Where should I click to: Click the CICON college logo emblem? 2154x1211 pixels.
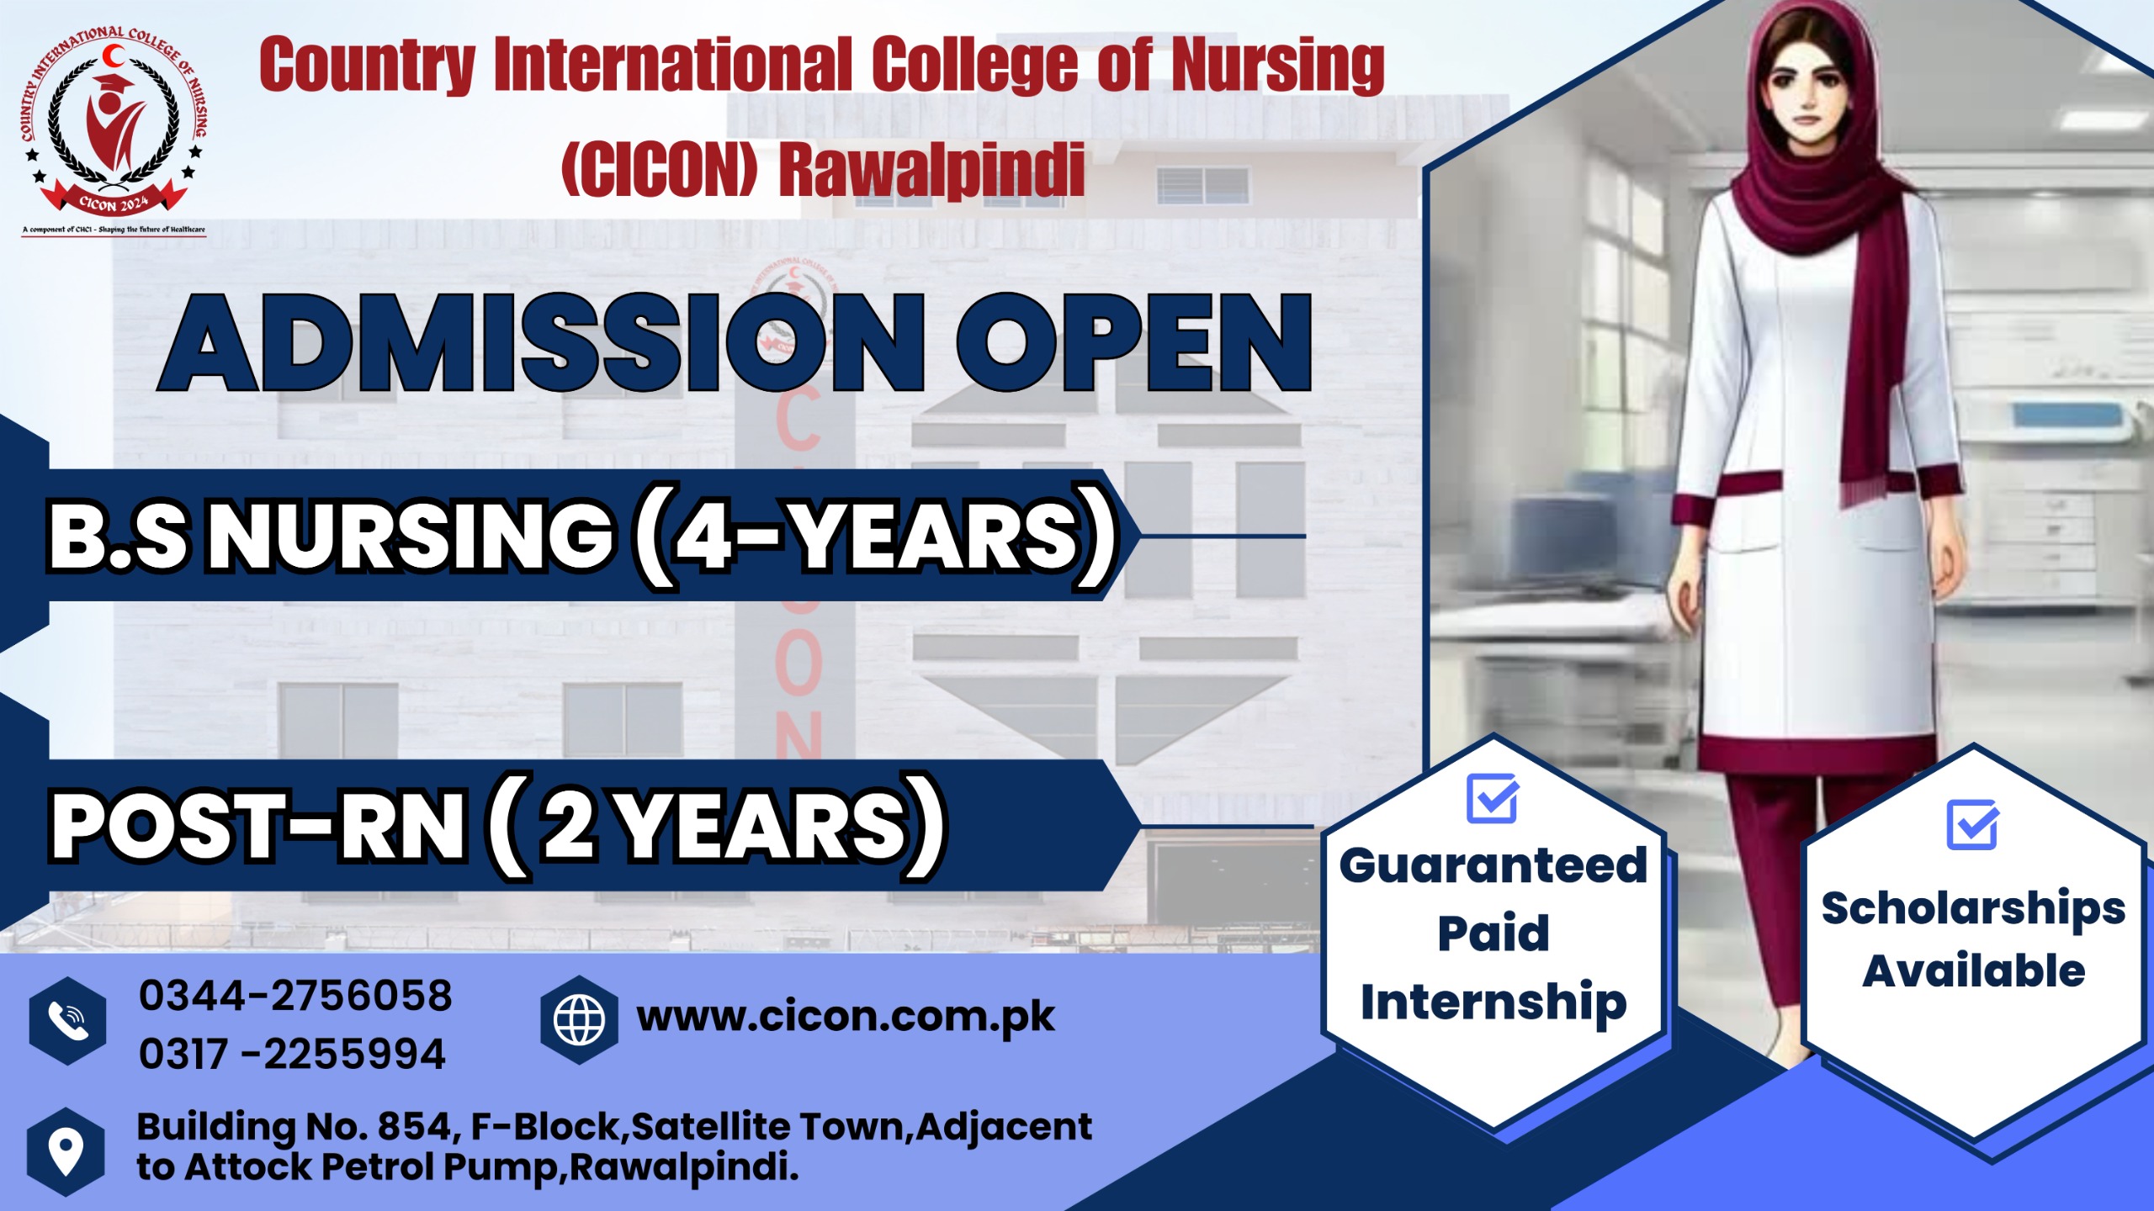114,126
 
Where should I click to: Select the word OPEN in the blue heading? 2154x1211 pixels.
1133,344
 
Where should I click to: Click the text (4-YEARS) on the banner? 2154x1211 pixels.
875,537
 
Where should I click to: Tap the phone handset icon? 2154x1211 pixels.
67,1021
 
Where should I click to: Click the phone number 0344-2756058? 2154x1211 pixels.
295,996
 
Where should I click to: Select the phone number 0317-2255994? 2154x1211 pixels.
292,1055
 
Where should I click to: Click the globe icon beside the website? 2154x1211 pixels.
579,1019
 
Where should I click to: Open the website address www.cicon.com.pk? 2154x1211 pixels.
845,1018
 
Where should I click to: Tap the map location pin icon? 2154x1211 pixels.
66,1150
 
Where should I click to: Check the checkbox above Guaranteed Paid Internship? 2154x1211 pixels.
1492,799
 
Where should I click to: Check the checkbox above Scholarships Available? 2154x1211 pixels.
1971,825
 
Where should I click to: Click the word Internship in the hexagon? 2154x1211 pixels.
1493,1002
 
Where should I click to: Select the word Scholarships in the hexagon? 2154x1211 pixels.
1972,910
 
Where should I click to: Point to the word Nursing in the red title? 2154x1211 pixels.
1277,65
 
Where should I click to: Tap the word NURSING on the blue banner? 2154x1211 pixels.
411,537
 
